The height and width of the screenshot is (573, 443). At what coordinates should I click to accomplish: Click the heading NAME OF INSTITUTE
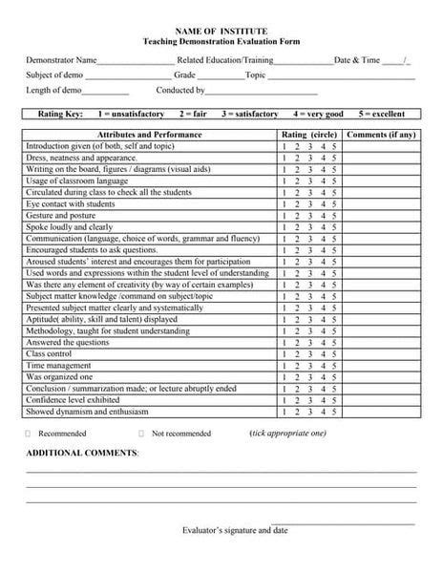coord(221,32)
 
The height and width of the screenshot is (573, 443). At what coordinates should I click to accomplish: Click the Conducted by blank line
coord(248,93)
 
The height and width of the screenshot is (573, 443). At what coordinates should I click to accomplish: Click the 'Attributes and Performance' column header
coord(150,136)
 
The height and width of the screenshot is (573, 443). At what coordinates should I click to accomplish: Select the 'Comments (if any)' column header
coord(381,136)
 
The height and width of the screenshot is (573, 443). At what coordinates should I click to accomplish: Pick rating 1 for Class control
coord(285,354)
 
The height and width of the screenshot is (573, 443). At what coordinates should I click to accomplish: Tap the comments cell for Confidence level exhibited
coord(381,401)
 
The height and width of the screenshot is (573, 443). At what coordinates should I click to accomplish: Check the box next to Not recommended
coord(141,434)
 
